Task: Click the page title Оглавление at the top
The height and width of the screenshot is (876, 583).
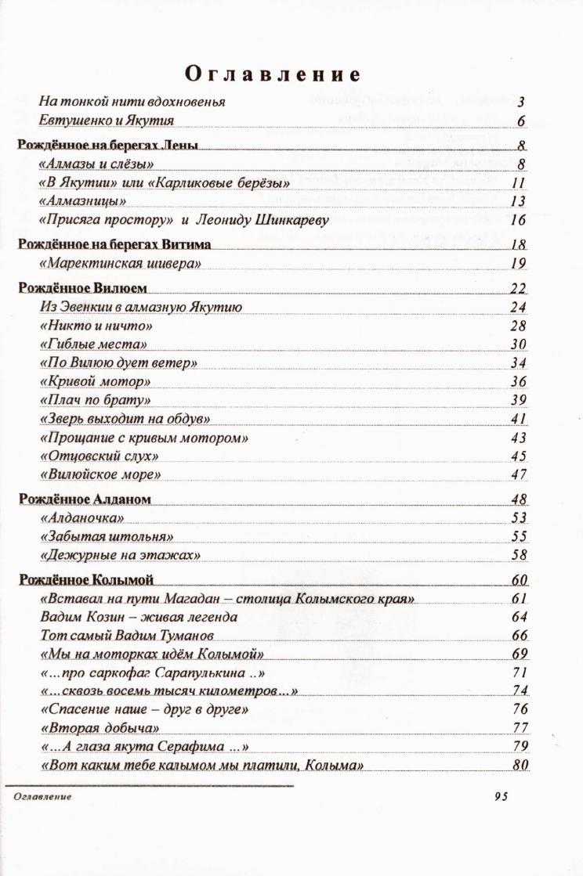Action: click(x=272, y=74)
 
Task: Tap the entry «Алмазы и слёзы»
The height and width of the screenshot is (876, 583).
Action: click(x=96, y=164)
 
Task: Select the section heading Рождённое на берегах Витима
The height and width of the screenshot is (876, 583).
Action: click(x=114, y=245)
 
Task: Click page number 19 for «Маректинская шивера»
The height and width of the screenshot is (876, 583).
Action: click(x=518, y=264)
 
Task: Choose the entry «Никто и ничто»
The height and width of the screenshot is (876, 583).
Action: click(x=95, y=326)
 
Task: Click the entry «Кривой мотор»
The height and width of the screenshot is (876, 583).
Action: click(x=95, y=382)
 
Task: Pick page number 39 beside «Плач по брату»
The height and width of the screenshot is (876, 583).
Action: click(x=518, y=401)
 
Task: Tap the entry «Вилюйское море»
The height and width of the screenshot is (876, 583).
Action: click(x=100, y=475)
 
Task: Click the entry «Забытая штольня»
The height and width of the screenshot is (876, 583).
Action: click(x=106, y=537)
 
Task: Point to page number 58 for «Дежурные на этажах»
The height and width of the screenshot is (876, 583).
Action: click(x=518, y=556)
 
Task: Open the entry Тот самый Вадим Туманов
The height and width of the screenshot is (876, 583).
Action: click(x=127, y=636)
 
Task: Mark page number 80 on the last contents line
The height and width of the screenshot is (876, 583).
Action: click(x=520, y=766)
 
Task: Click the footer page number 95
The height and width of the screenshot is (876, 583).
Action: click(x=502, y=797)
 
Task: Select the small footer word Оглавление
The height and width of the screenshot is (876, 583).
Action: click(x=42, y=796)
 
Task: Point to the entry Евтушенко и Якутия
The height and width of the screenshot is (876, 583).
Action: click(x=107, y=121)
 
